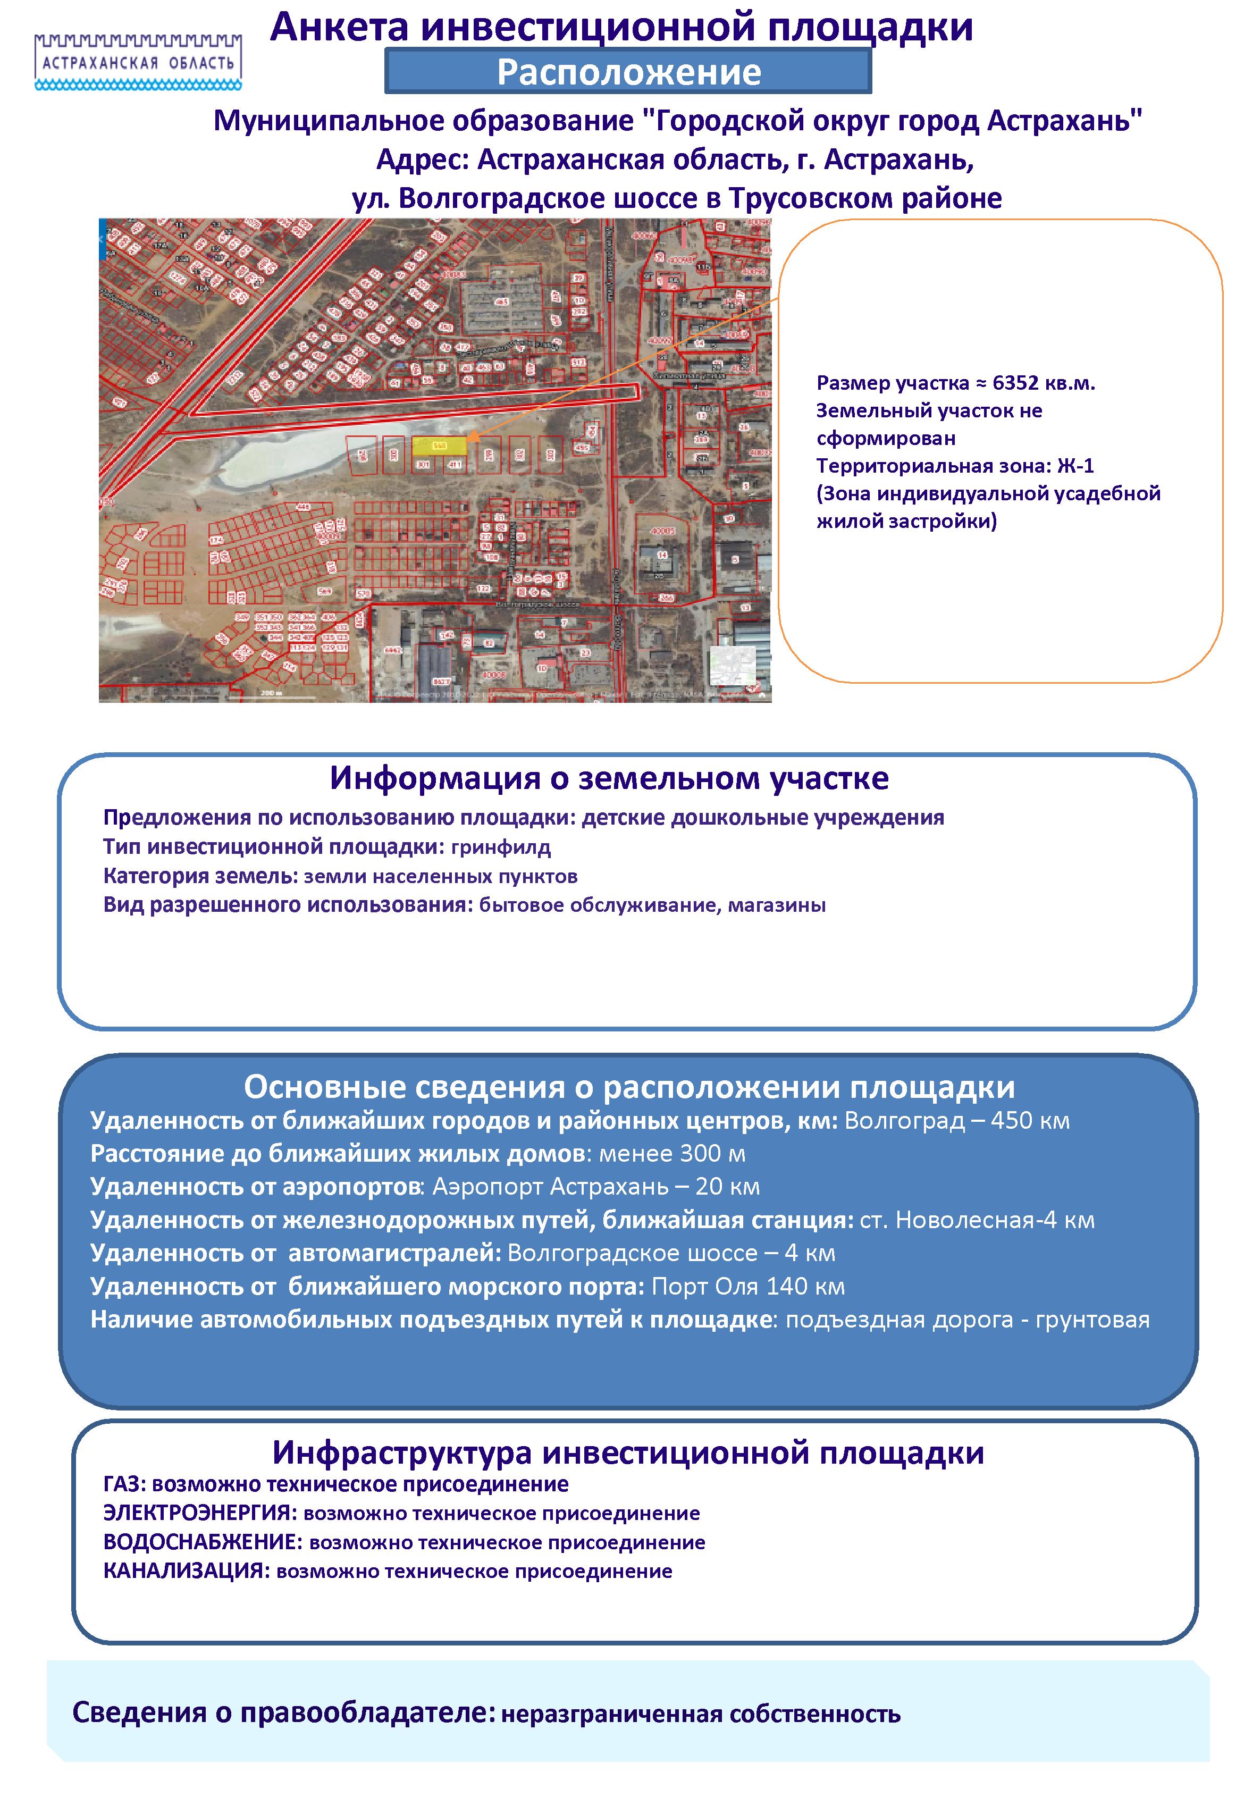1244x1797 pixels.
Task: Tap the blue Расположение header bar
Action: [628, 72]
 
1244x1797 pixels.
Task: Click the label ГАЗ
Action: [122, 1484]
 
